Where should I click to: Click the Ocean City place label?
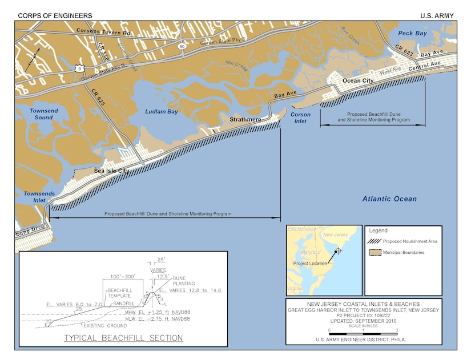tap(357, 81)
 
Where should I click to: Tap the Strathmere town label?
tap(245, 120)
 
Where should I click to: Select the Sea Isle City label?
tap(111, 171)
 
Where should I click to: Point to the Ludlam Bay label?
tap(161, 112)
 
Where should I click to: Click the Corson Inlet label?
tap(301, 118)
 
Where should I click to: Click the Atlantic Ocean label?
tap(389, 199)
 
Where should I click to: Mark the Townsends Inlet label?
tap(39, 197)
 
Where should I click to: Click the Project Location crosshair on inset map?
tap(339, 250)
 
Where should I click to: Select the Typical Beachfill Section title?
tap(124, 338)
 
